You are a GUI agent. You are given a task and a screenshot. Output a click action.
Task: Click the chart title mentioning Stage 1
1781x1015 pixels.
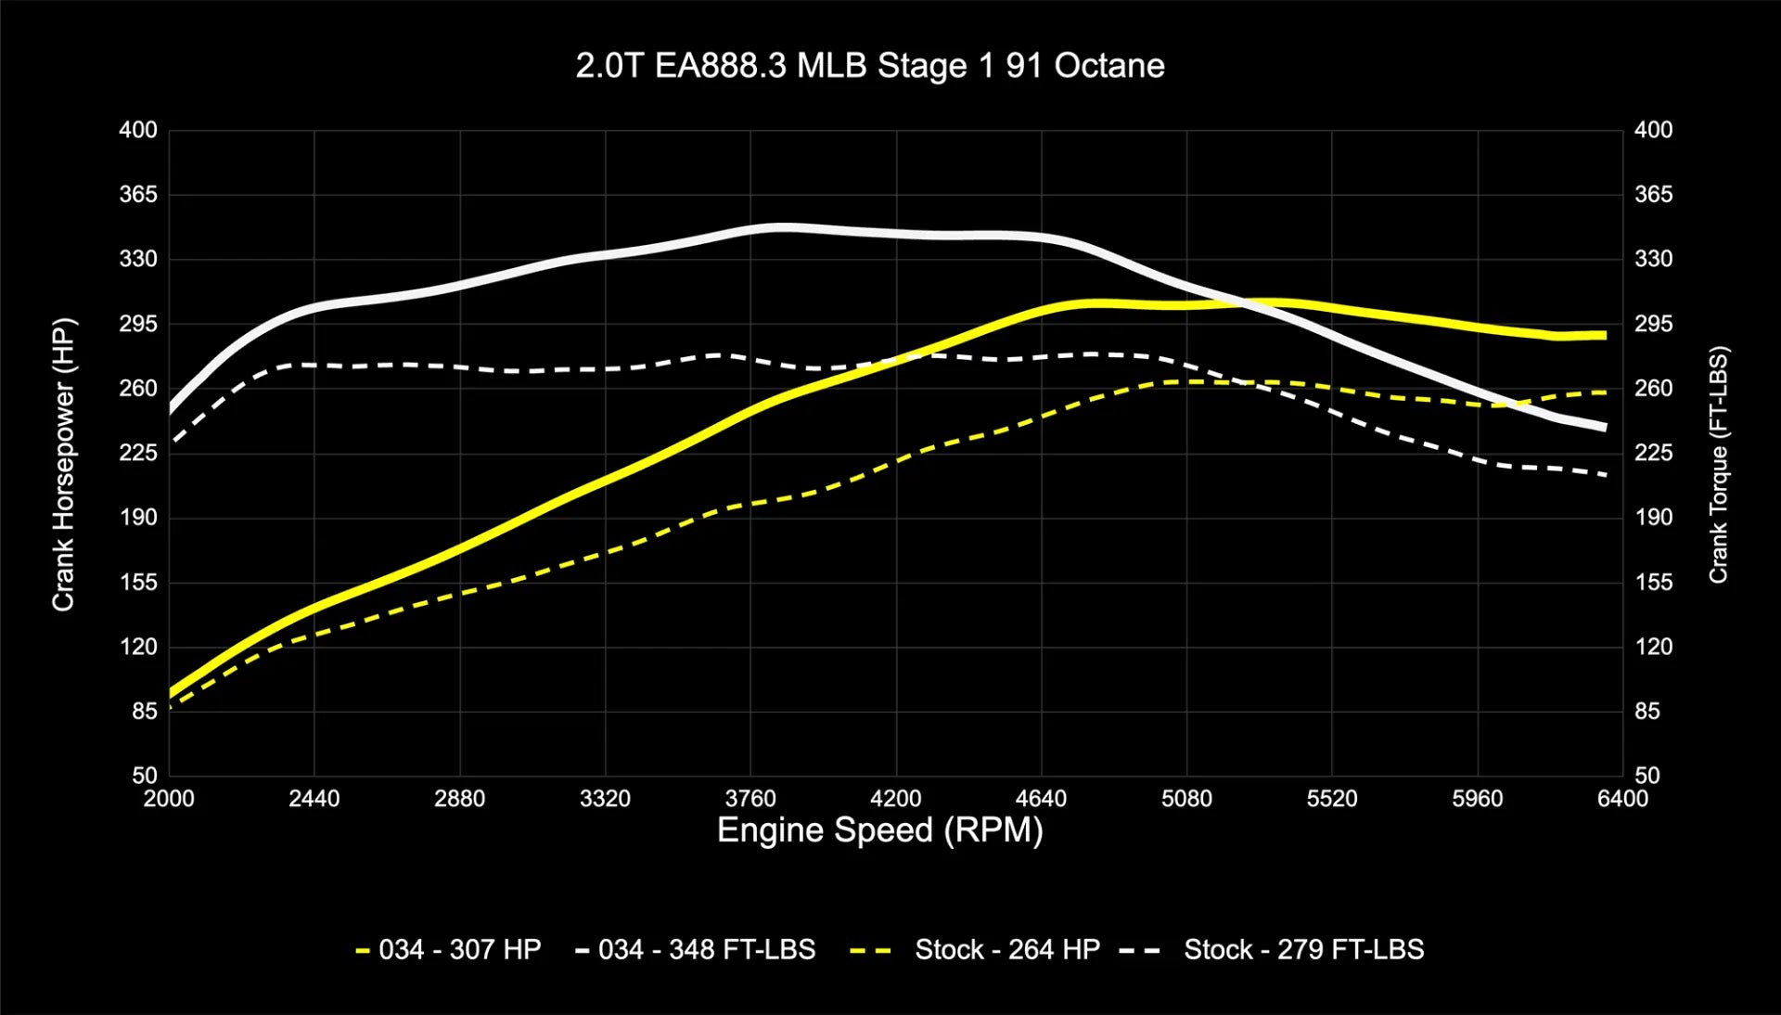click(869, 66)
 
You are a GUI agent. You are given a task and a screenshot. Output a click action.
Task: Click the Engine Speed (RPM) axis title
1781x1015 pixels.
click(879, 829)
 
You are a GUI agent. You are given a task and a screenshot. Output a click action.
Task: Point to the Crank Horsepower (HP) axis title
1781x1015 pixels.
click(63, 464)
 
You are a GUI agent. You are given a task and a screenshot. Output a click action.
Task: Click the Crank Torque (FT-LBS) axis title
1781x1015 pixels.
click(1718, 464)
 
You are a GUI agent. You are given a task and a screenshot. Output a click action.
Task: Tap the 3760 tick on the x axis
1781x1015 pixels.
click(750, 799)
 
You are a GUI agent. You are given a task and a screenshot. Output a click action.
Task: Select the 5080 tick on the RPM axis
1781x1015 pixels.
click(1186, 799)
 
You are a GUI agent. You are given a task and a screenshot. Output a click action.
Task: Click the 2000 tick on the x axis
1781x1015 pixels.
click(169, 799)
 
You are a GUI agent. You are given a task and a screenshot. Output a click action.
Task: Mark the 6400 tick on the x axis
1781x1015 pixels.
click(1622, 799)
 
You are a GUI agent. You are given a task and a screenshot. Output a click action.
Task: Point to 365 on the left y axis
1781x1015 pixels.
click(138, 194)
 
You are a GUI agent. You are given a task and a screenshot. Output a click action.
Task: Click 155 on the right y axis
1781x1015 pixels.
click(1653, 582)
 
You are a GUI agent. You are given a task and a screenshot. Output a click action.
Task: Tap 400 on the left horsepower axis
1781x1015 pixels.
click(138, 130)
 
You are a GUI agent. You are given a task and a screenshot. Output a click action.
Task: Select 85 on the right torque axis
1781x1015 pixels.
click(1647, 711)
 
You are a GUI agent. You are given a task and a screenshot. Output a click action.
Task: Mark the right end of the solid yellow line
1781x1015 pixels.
click(1606, 335)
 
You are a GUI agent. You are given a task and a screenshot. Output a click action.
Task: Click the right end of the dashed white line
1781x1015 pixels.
click(1606, 475)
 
